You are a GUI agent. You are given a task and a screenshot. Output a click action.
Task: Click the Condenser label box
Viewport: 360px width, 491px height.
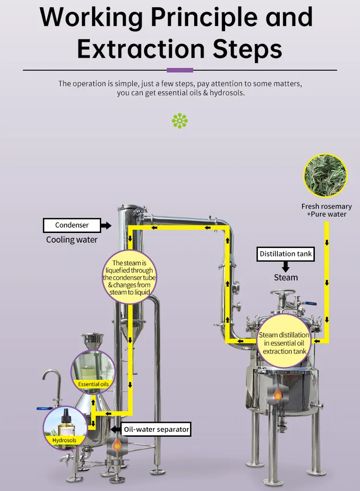coord(72,225)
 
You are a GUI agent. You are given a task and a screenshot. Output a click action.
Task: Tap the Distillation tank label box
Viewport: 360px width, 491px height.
coord(286,254)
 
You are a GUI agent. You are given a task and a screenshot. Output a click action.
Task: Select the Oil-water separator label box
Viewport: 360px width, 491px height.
coord(156,429)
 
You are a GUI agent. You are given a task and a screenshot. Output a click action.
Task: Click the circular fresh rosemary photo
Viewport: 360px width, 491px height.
coord(325,175)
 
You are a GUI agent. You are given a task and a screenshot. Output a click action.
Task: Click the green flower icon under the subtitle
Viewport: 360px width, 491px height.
coord(180,121)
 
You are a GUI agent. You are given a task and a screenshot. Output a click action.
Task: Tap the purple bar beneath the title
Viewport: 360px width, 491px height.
coord(180,70)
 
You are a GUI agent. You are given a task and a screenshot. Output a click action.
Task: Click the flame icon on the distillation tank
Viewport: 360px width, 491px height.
coord(277,394)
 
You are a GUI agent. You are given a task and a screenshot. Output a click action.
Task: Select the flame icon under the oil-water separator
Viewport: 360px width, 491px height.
coord(117,444)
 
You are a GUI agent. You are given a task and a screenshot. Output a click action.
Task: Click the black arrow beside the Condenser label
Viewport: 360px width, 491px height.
coord(107,225)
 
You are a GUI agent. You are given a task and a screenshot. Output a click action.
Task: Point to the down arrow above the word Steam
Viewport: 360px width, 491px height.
coord(286,266)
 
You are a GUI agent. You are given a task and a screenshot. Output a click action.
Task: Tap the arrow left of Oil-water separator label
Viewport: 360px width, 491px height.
coord(115,429)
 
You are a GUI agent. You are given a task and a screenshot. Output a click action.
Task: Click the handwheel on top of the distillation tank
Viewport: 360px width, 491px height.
coord(283,294)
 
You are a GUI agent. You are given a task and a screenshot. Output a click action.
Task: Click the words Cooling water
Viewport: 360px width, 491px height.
coord(72,240)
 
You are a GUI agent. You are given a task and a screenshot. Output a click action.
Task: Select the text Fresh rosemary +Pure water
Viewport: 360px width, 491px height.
coord(326,210)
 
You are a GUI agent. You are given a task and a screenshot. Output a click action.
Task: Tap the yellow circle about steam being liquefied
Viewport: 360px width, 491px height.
coord(130,277)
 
